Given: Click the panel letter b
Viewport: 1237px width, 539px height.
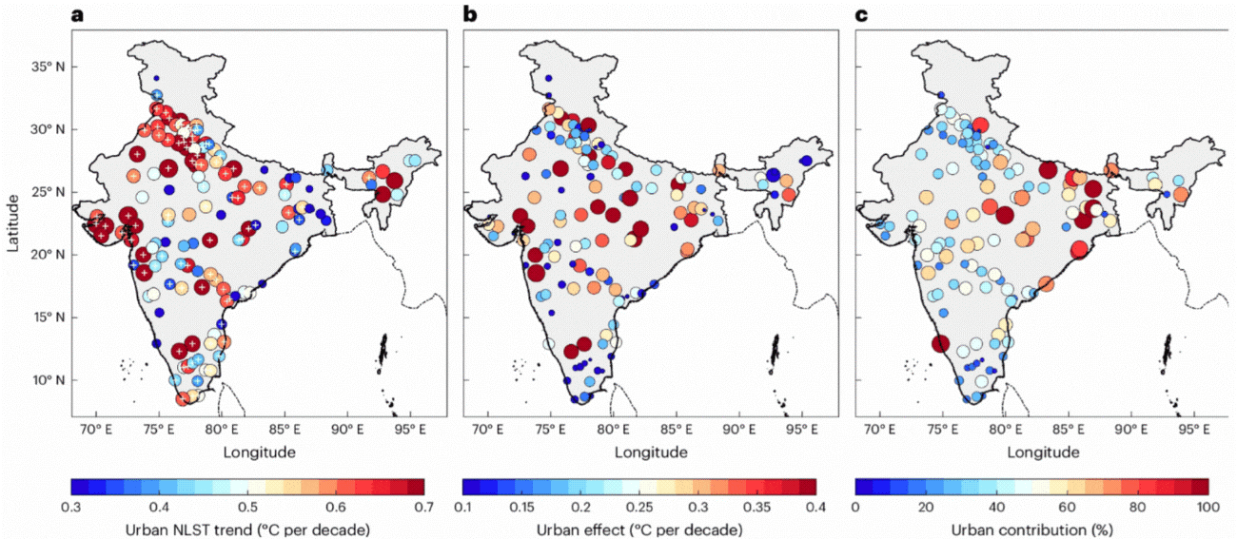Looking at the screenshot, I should click(469, 13).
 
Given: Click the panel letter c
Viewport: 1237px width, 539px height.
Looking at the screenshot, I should click(861, 13).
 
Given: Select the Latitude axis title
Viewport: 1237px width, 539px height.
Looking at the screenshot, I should click(13, 222).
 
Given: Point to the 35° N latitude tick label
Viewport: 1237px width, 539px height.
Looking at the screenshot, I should click(46, 67).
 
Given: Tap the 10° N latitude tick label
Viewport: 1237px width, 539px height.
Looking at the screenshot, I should click(46, 380).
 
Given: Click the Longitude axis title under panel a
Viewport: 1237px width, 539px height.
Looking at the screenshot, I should click(259, 452).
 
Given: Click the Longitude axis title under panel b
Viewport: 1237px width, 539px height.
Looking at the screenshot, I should click(651, 452).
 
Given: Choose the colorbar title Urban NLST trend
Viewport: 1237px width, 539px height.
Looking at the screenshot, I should click(247, 529).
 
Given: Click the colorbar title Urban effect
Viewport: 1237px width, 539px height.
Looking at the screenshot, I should click(639, 529).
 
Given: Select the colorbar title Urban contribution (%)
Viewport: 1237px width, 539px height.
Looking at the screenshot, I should click(1031, 529).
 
